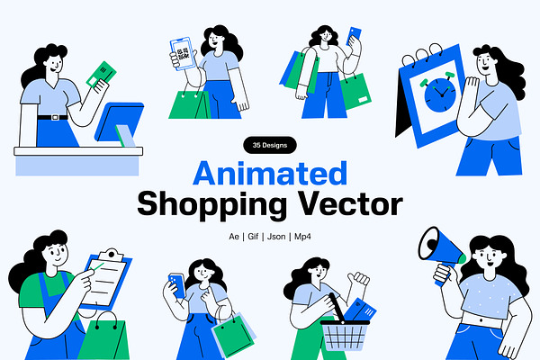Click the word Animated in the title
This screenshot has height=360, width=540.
tap(270, 173)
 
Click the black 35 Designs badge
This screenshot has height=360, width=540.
tap(270, 146)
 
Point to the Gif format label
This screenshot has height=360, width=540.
tap(253, 237)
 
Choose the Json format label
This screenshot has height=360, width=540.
tap(276, 237)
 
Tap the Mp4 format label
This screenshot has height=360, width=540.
tap(302, 237)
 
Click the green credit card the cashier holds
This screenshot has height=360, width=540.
tap(101, 74)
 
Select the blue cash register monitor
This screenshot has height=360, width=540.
tap(119, 121)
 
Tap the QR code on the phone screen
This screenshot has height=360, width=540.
tap(183, 54)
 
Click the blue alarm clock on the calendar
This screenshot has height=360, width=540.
tap(440, 94)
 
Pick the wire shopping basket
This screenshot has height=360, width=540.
tap(345, 331)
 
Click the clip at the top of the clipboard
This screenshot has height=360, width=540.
tap(111, 256)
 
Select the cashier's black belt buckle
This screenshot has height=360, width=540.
tap(55, 118)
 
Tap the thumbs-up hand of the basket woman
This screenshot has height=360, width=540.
tap(359, 278)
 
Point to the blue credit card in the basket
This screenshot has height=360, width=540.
tap(360, 310)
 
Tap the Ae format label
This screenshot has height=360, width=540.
tap(234, 237)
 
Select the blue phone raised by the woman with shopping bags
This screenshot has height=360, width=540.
tap(354, 36)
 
